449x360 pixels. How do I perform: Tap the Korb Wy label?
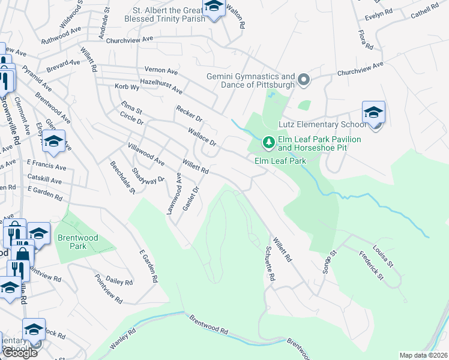coord(127,86)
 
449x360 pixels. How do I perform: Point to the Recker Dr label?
coord(190,112)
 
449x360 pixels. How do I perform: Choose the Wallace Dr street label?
coord(201,136)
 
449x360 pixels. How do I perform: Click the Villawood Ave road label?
coord(145,154)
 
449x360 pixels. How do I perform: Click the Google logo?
coord(19,353)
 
